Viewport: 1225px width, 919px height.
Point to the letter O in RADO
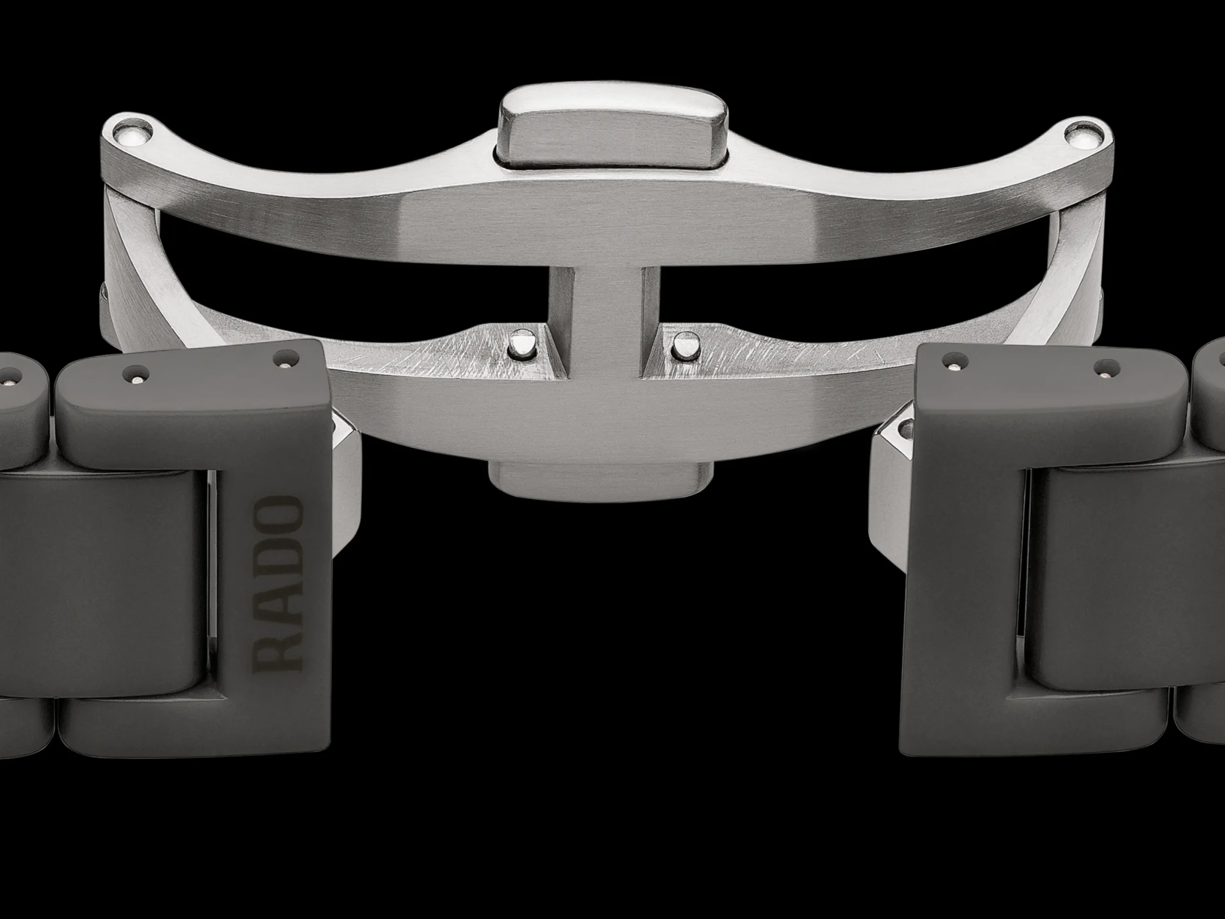click(x=278, y=515)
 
